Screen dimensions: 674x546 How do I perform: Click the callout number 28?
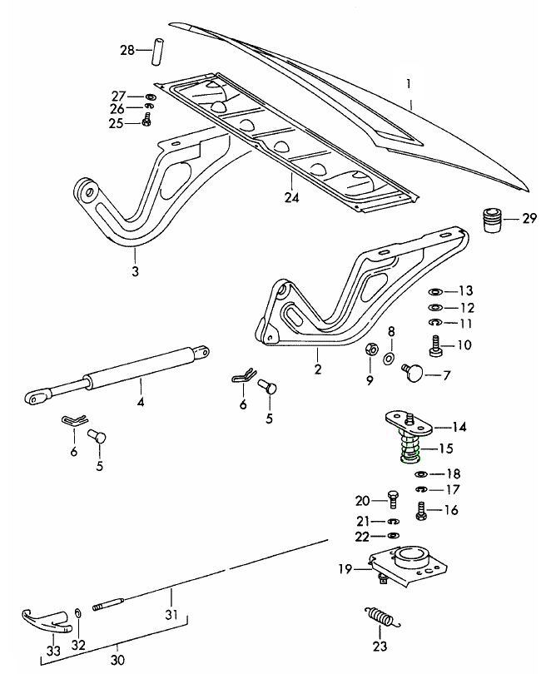126,52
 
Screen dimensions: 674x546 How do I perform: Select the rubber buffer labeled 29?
491,221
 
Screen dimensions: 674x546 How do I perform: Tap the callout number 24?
290,198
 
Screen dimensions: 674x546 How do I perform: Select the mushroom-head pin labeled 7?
412,371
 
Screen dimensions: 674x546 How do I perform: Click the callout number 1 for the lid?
409,83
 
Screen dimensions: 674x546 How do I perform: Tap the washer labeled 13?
434,291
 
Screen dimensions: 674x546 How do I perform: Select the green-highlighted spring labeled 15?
410,450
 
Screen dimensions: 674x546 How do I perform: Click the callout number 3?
136,271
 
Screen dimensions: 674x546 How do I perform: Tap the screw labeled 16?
421,509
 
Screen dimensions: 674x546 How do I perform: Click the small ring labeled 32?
78,612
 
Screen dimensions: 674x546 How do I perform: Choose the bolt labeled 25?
147,121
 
